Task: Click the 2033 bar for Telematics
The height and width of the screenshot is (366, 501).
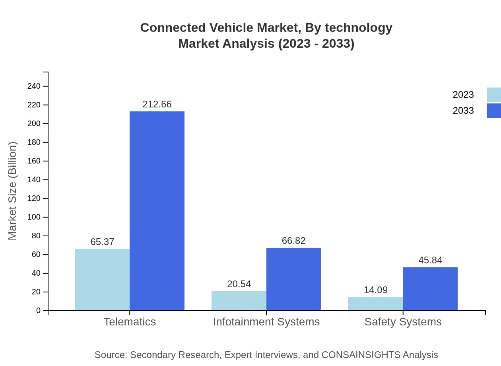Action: (x=157, y=211)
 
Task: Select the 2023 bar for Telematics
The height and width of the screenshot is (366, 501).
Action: (x=102, y=280)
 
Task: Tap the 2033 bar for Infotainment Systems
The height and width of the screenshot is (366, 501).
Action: (x=293, y=279)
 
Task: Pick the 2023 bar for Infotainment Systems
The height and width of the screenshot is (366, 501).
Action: (x=239, y=301)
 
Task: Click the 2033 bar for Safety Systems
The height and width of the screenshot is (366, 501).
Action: (x=430, y=289)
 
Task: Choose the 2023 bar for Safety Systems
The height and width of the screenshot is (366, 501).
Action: (x=376, y=304)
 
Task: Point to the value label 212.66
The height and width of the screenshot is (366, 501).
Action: (x=157, y=104)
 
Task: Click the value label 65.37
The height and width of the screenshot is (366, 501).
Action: (x=102, y=242)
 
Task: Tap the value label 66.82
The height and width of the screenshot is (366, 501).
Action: (x=293, y=241)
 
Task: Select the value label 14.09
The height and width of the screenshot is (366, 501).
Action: (x=376, y=290)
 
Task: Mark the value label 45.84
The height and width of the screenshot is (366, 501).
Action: (x=430, y=260)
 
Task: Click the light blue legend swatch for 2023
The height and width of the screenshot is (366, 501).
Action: (x=494, y=95)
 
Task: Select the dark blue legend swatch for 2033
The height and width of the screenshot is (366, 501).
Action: (x=494, y=111)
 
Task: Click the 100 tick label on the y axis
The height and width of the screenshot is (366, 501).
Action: (x=34, y=217)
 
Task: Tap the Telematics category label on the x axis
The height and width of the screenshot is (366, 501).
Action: (x=130, y=322)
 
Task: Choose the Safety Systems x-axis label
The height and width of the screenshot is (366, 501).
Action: (x=403, y=322)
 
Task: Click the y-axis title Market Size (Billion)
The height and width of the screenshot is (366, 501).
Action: (x=12, y=191)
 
